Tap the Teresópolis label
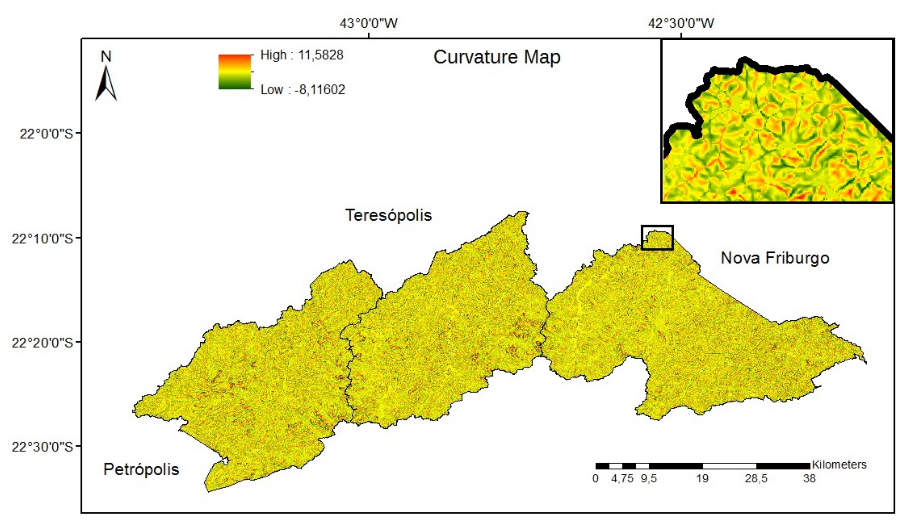pos(389,215)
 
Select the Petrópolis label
pos(141,470)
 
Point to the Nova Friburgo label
pos(775,258)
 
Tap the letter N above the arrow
pos(106,57)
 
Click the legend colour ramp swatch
pos(234,72)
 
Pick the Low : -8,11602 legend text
pos(303,89)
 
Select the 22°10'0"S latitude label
pos(43,238)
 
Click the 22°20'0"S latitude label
pos(43,342)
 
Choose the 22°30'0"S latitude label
pos(43,447)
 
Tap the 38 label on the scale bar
pos(809,479)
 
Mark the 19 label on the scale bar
pos(702,479)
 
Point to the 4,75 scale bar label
pos(622,479)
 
